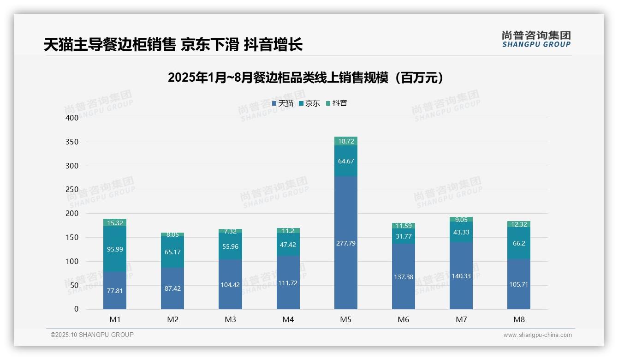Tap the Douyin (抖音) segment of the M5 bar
point(345,141)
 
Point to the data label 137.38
point(404,277)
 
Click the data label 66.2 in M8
point(519,243)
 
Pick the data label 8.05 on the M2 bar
point(172,234)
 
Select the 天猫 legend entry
point(283,103)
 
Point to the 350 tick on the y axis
point(72,142)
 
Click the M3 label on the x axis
point(230,319)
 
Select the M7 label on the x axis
point(461,319)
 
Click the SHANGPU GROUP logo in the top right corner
point(536,39)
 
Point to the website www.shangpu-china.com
point(537,335)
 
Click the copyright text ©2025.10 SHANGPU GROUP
point(92,335)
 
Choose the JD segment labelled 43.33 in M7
point(461,232)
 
